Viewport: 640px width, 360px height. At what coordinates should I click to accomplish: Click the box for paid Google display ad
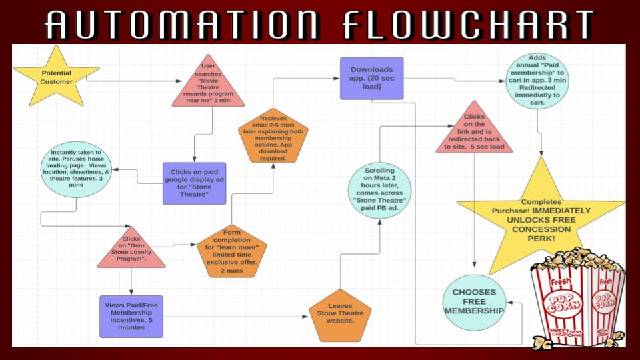194,183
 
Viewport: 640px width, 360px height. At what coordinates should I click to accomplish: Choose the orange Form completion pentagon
231,251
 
